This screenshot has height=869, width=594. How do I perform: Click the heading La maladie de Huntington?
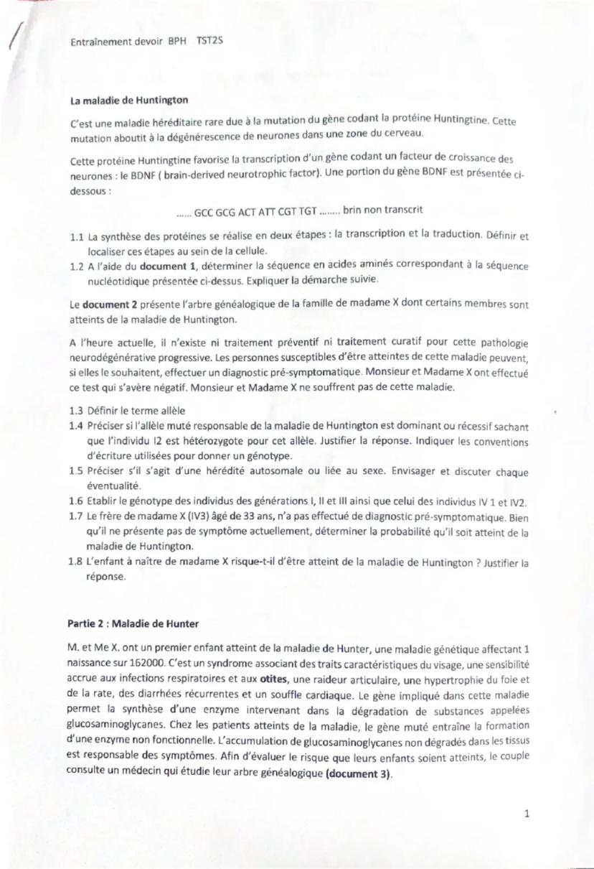[x=128, y=100]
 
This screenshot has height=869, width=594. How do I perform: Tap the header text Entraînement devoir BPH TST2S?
[x=147, y=42]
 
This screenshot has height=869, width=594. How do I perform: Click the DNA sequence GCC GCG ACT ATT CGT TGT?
[x=255, y=211]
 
